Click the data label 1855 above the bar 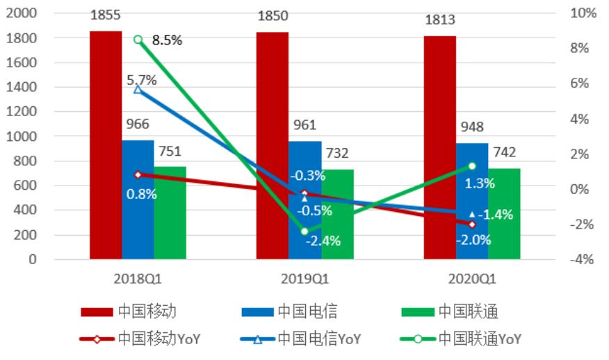click(105, 16)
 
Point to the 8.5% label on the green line click(167, 40)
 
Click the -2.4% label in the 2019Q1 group click(323, 241)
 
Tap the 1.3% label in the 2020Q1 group click(480, 183)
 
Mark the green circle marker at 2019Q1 click(304, 231)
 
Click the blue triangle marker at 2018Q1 click(138, 90)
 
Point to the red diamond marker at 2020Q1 click(472, 224)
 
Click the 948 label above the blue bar click(471, 127)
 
